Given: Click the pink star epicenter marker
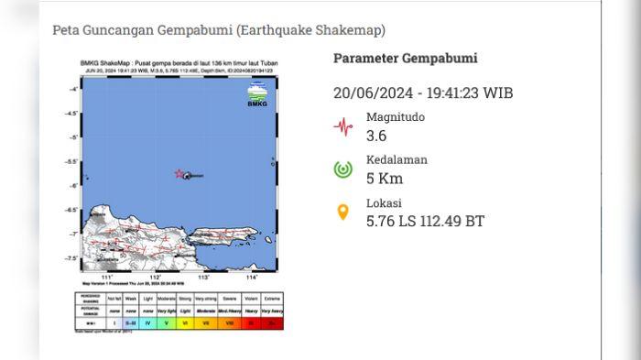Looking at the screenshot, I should point(179,173).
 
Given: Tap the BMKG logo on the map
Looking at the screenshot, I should point(257,95).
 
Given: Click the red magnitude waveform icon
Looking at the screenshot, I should point(343,127).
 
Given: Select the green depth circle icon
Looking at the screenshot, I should point(343,169).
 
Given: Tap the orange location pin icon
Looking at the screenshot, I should point(343,213).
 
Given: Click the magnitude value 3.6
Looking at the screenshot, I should point(377,136).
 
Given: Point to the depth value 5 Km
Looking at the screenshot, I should point(385,179).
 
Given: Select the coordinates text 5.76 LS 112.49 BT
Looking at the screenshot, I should point(425,221).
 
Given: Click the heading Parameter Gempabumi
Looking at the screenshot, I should point(405,59).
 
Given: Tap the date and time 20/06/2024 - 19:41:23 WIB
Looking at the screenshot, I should point(422,93).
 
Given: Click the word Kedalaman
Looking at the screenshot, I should point(397,159).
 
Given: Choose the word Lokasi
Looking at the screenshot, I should point(384,202).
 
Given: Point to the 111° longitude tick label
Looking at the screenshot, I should point(107,277).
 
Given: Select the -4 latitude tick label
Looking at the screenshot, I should point(73,89).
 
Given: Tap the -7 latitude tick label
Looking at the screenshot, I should point(73,234).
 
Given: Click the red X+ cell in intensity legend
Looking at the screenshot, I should point(272,322).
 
